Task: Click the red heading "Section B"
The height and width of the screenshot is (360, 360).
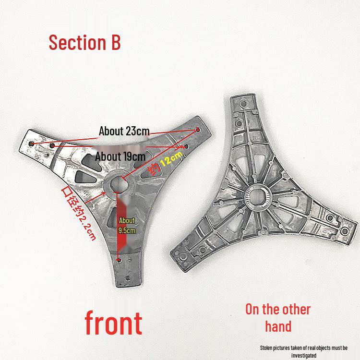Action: (x=84, y=42)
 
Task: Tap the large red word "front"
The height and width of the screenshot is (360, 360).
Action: (x=113, y=323)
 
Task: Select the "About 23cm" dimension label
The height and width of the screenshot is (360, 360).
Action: (x=124, y=131)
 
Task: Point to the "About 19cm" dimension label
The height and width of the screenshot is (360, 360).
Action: (x=120, y=156)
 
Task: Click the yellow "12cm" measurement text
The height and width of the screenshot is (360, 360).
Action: (x=171, y=159)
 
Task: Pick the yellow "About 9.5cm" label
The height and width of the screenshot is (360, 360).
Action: (x=127, y=226)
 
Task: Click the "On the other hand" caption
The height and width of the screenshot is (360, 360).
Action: (x=278, y=318)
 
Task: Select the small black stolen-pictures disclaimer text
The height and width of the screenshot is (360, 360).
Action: (x=303, y=351)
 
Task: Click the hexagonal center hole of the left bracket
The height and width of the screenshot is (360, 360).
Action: (x=117, y=184)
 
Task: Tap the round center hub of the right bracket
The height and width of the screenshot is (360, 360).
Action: (x=257, y=197)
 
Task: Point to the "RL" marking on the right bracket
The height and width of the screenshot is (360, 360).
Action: (x=255, y=138)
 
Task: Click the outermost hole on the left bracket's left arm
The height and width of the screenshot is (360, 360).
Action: (x=32, y=144)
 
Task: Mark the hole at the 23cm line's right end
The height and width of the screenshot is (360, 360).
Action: (x=198, y=130)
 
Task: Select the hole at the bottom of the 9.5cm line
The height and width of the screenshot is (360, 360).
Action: (x=119, y=260)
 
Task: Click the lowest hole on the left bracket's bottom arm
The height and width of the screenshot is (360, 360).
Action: (x=128, y=278)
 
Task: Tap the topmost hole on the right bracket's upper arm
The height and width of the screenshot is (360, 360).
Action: (x=244, y=103)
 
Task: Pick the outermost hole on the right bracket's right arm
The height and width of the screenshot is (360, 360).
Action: (x=345, y=231)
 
